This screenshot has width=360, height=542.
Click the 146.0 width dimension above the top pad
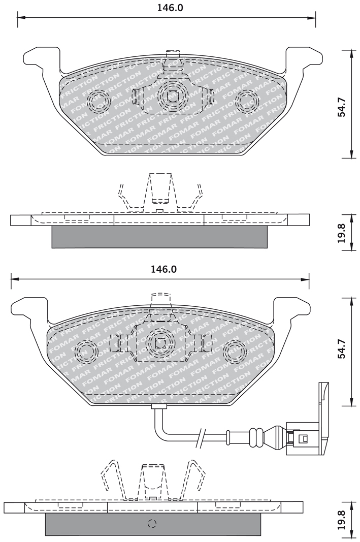point(170,8)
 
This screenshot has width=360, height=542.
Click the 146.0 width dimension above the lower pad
point(163,269)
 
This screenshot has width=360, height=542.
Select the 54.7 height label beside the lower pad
point(342,352)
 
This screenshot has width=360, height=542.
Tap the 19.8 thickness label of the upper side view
point(342,232)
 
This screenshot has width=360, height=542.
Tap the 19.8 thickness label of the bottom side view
point(342,521)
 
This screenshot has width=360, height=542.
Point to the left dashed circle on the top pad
point(99,101)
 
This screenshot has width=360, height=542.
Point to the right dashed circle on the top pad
point(247,101)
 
